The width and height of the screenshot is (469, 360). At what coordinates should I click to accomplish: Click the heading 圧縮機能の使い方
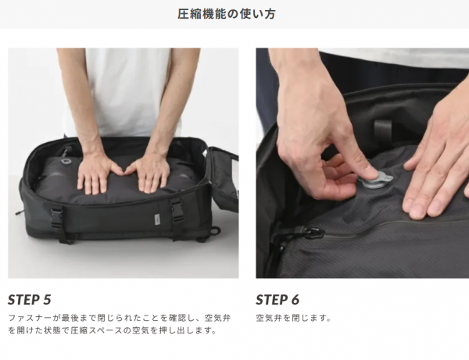pos(227,14)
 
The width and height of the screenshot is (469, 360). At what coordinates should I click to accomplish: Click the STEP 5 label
pos(30,300)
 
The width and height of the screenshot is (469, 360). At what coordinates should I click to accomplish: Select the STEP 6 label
pos(277,300)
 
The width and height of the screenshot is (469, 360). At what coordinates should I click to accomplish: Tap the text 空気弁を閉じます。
pos(293,318)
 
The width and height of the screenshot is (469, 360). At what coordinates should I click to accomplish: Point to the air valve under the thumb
pos(374,181)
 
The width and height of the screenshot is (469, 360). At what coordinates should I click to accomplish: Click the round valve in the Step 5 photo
pos(66,162)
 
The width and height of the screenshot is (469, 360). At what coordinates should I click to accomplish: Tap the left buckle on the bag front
pos(57,215)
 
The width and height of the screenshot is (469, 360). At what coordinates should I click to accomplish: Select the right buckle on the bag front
pos(177,208)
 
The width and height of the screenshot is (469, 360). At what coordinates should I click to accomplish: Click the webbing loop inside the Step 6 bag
pos(382,129)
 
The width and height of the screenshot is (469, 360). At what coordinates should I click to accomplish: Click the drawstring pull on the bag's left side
pos(20,212)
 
